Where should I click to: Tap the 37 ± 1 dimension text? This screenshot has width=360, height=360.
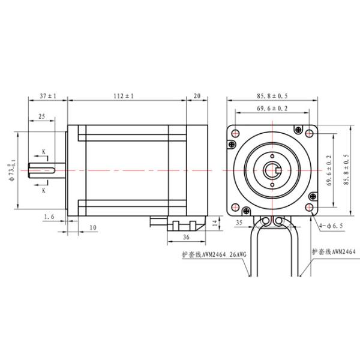pyautogui.click(x=47, y=95)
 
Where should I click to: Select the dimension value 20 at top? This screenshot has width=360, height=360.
pyautogui.click(x=197, y=95)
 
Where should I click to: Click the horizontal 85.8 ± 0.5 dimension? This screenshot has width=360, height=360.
pyautogui.click(x=272, y=95)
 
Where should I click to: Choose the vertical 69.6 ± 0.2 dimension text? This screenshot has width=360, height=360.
pyautogui.click(x=329, y=171)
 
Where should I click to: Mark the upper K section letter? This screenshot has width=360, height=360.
pyautogui.click(x=44, y=151)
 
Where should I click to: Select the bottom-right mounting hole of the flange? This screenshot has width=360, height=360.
pyautogui.click(x=309, y=208)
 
